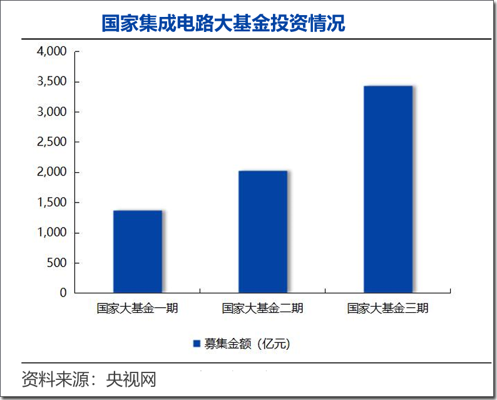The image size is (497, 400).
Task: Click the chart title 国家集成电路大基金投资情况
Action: click(223, 23)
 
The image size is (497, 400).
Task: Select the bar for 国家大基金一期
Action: click(137, 251)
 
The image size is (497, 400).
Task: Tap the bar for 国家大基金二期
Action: click(262, 231)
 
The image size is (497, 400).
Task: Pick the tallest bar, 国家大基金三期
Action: click(387, 189)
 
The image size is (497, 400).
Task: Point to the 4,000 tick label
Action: click(51, 51)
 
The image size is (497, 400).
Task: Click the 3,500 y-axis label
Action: click(51, 82)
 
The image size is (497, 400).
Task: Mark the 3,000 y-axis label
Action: click(51, 112)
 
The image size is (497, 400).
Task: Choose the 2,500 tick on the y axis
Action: click(51, 142)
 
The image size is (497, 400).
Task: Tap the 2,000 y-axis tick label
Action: click(51, 172)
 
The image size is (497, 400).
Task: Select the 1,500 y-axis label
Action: click(51, 203)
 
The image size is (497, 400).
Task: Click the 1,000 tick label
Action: click(51, 233)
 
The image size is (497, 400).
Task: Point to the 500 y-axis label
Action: click(55, 263)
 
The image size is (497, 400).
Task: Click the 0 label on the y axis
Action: click(63, 293)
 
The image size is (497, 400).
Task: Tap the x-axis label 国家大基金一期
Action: click(137, 308)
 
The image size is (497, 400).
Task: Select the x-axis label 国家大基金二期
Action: click(262, 308)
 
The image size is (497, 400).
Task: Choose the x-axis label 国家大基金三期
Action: click(387, 308)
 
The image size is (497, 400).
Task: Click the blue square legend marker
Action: click(196, 344)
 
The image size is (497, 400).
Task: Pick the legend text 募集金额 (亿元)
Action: click(247, 344)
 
